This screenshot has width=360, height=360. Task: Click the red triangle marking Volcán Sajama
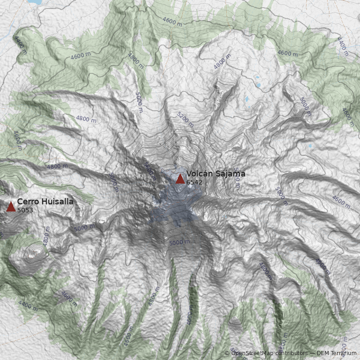tap(180, 179)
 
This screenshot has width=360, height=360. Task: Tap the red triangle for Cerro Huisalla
tap(11, 207)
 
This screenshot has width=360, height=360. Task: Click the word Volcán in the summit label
tap(198, 174)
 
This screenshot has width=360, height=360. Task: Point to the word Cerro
tap(27, 202)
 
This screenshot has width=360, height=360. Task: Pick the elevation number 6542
tap(194, 182)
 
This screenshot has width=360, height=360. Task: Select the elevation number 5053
tap(25, 210)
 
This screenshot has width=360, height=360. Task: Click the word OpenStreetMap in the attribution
tap(252, 353)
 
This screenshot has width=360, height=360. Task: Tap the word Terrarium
tap(344, 353)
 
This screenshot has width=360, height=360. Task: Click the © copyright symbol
tap(227, 353)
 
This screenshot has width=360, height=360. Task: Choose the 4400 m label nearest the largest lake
tap(21, 45)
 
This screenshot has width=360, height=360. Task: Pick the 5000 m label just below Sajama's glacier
tap(180, 243)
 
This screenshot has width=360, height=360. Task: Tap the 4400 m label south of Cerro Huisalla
tap(28, 306)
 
